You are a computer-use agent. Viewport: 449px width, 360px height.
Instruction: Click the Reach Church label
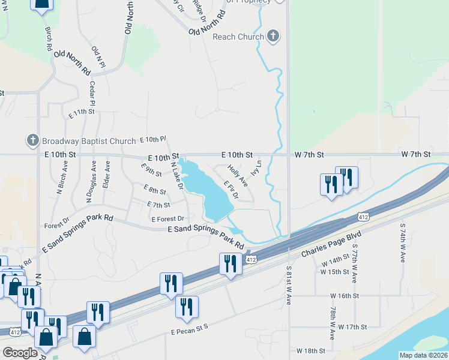click(238, 37)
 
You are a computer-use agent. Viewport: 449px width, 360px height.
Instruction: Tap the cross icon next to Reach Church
click(273, 36)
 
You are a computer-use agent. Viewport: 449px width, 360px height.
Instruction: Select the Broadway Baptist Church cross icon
click(33, 141)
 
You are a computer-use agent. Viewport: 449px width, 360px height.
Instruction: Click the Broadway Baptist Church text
click(89, 142)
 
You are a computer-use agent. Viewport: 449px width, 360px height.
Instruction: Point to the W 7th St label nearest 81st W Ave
click(309, 154)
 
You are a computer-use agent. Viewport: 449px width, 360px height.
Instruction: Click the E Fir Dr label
click(231, 190)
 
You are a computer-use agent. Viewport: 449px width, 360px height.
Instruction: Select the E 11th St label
click(82, 112)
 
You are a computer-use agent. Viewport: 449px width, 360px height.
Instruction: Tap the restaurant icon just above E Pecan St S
click(187, 308)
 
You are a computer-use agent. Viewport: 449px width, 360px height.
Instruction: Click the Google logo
click(20, 353)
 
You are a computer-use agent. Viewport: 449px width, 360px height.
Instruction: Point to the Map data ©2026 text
click(423, 355)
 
